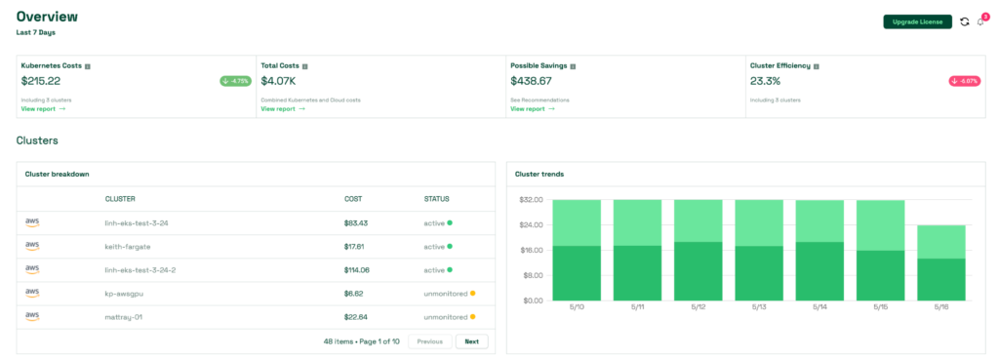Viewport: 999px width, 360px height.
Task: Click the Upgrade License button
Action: point(917,21)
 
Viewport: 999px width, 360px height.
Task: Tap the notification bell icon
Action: point(980,21)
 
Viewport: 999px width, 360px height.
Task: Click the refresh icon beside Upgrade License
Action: point(965,21)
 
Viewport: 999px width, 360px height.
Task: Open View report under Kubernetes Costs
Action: point(43,108)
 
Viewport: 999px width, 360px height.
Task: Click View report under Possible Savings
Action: point(532,108)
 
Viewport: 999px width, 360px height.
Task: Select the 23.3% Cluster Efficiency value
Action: point(765,81)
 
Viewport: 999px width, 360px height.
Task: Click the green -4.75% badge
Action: point(235,81)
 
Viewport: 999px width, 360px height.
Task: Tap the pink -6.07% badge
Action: point(965,81)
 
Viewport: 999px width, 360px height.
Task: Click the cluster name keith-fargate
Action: point(128,246)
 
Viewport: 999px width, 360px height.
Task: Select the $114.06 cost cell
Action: point(358,269)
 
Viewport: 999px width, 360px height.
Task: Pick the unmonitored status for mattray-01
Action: point(446,316)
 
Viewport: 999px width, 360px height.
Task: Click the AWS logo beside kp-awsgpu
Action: point(32,293)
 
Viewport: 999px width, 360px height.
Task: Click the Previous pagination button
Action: point(429,341)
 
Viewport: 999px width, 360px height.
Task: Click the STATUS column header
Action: point(436,199)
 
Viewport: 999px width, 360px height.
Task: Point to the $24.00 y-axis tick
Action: point(531,225)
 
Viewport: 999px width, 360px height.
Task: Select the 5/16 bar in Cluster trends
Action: point(941,263)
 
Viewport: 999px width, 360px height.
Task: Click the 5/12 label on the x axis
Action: point(699,307)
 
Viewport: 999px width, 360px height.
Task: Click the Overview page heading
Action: point(47,17)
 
